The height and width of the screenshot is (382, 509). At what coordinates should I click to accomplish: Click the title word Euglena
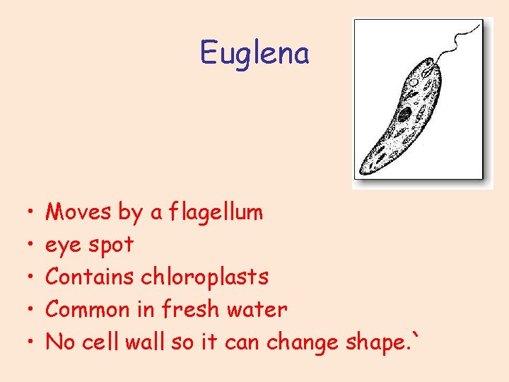255,53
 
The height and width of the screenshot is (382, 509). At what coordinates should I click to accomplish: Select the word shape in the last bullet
378,343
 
